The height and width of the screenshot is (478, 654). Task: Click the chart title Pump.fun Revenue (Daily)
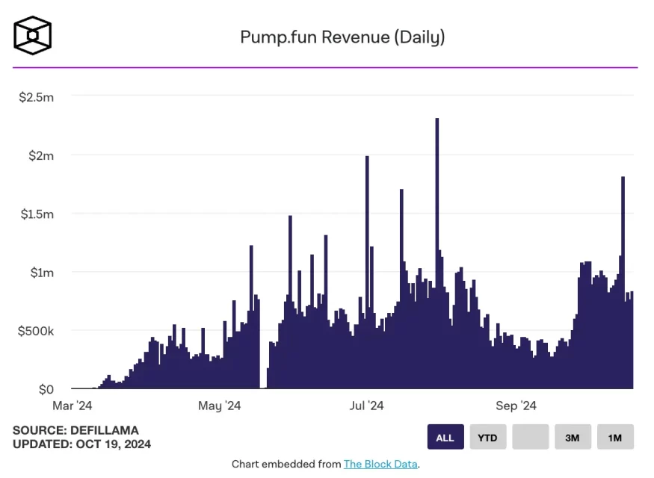(342, 37)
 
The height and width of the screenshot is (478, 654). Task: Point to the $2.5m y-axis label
(36, 96)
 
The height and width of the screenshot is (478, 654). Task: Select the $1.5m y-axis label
(36, 214)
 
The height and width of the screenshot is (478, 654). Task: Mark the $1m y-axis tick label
(42, 272)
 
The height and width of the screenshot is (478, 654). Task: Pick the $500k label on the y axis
(36, 330)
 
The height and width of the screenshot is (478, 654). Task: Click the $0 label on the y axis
(46, 389)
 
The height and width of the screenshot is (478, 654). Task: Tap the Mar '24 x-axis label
(72, 406)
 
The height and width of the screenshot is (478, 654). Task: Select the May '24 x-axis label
(219, 406)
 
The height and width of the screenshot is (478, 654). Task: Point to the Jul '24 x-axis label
(366, 406)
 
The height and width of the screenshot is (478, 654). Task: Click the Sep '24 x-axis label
(516, 406)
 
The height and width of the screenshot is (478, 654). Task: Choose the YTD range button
(488, 437)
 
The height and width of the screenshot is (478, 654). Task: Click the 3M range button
(573, 437)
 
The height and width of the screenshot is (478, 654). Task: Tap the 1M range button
(615, 437)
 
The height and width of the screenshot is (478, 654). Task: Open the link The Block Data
(380, 464)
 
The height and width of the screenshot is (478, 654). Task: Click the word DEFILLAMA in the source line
(105, 430)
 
